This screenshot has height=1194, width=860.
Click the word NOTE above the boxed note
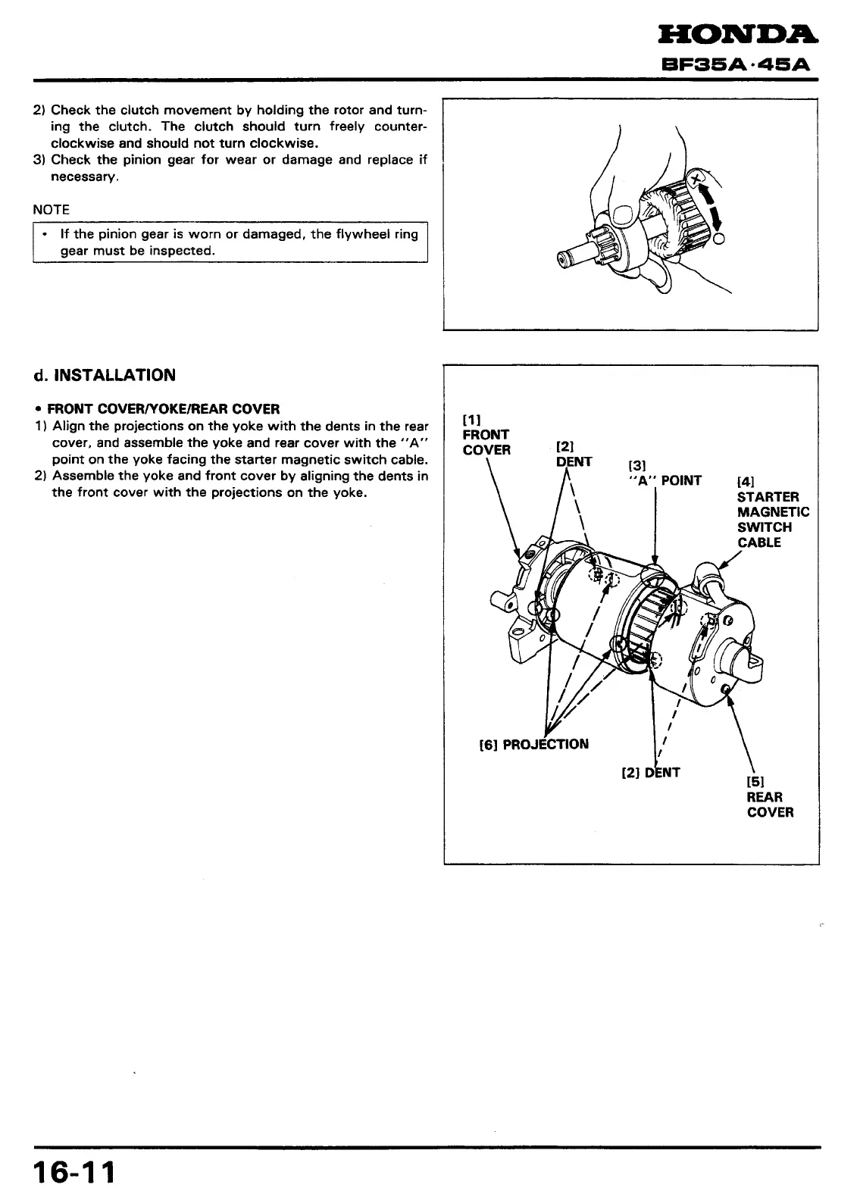click(x=52, y=209)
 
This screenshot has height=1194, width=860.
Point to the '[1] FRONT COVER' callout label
click(x=486, y=435)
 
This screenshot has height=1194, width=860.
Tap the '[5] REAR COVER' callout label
click(x=770, y=797)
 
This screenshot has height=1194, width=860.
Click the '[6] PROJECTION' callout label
click(x=534, y=743)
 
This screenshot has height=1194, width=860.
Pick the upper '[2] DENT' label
click(x=574, y=455)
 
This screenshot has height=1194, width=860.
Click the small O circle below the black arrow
click(x=719, y=240)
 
